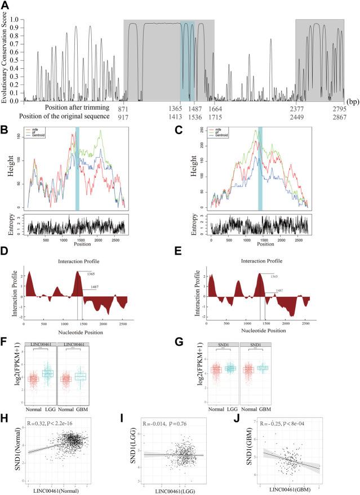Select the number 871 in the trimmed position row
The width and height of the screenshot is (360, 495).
126,107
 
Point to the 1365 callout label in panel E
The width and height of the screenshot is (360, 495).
273,276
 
